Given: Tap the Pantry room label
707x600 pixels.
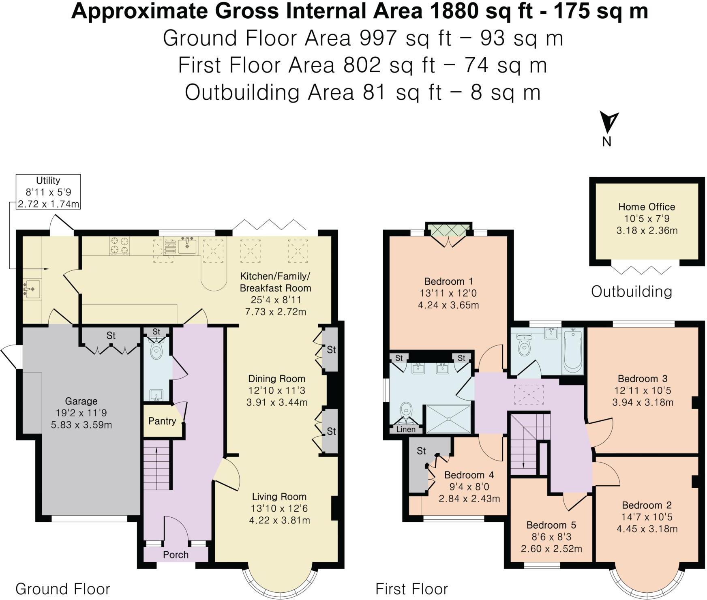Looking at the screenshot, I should click(162, 421).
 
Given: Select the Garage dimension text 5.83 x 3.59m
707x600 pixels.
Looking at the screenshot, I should click(81, 425).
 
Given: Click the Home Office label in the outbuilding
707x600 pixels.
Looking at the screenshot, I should click(646, 207).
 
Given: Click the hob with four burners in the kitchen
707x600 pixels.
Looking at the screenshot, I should click(120, 245).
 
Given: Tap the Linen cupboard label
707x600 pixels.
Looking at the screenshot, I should click(406, 429).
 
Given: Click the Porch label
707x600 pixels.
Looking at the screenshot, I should click(176, 555).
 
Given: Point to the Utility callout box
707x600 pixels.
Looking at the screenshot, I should click(48, 192).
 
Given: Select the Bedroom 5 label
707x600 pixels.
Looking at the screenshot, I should click(551, 525).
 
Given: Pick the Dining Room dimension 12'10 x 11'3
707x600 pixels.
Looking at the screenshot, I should click(276, 390).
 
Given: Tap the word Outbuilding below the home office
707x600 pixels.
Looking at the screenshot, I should click(631, 291).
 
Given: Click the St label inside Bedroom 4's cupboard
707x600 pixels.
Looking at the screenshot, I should click(421, 451).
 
